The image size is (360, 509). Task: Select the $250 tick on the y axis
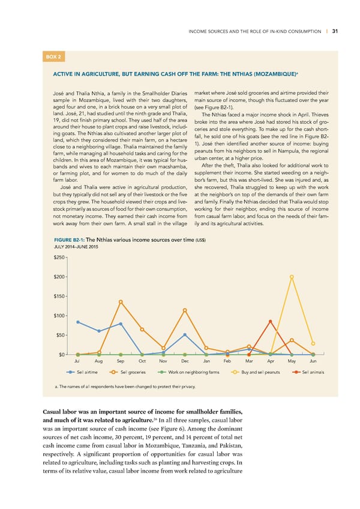(x=59, y=257)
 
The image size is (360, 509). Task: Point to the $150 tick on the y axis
(x=59, y=296)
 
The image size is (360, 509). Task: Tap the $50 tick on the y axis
(x=60, y=335)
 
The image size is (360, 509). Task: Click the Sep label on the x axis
(x=121, y=361)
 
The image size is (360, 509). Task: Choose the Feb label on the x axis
(x=227, y=361)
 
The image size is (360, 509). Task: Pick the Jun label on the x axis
(x=313, y=361)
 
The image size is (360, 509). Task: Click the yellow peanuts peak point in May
(x=292, y=277)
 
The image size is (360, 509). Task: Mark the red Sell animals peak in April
(x=271, y=321)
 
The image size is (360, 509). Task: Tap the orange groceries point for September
(x=121, y=301)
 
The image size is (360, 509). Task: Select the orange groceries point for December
(x=185, y=310)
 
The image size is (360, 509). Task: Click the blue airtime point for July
(x=78, y=322)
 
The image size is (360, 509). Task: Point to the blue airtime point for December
(x=185, y=334)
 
